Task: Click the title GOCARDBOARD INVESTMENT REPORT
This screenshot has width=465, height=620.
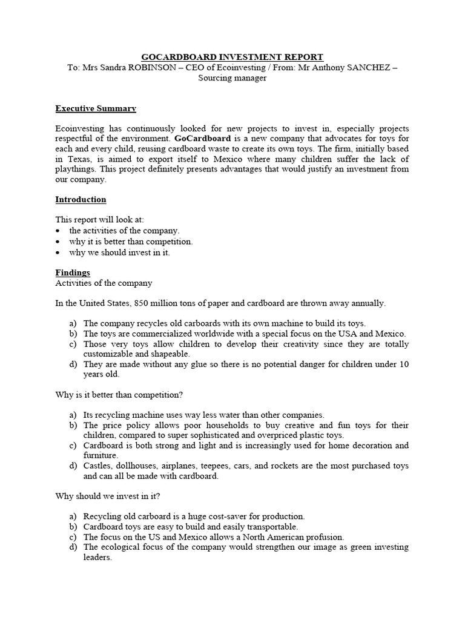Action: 232,56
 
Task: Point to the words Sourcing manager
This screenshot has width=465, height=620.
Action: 232,79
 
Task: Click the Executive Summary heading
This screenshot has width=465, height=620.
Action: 96,108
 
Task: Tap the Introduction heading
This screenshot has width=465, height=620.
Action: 81,200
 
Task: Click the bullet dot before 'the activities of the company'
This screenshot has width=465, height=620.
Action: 58,231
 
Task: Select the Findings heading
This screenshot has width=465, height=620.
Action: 73,273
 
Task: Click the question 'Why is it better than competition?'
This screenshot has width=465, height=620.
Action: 119,395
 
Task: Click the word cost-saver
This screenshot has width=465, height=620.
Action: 223,516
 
